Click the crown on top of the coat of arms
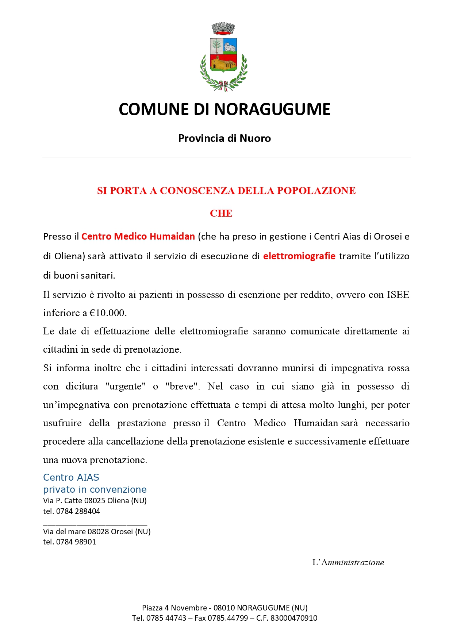[223, 28]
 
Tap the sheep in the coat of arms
[230, 46]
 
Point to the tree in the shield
[216, 46]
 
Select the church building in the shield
[223, 64]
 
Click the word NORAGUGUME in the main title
[272, 109]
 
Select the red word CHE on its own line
[221, 213]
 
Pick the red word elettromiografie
[299, 256]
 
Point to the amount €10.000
[108, 313]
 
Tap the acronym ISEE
[398, 295]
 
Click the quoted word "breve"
[183, 386]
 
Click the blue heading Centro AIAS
[71, 477]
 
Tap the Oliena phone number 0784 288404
[78, 511]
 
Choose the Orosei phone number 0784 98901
[76, 542]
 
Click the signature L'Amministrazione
[348, 562]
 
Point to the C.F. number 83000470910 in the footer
[294, 618]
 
